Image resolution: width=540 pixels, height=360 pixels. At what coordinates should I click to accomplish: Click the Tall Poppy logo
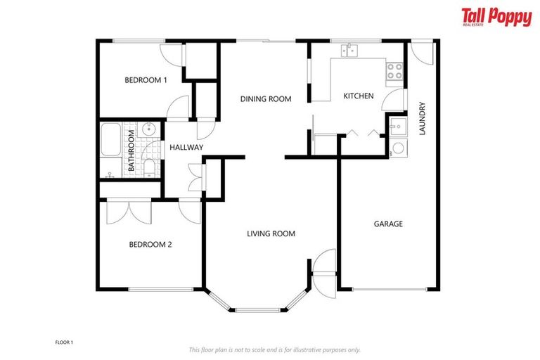pos(496,17)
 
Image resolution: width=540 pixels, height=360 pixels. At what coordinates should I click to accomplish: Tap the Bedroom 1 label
pos(146,80)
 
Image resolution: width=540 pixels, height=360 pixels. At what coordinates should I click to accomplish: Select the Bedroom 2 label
pos(150,245)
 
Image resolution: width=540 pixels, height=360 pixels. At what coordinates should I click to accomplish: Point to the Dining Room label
pos(265,99)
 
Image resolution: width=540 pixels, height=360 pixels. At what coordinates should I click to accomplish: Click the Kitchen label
pos(358,96)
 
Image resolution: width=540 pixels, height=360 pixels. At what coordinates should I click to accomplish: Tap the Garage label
pos(387,224)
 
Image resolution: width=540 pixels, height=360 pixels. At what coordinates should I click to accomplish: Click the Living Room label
pos(271,233)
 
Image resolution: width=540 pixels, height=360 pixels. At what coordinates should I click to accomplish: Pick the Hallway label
pos(186,147)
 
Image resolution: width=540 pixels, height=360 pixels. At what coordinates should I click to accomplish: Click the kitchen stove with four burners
pos(394,70)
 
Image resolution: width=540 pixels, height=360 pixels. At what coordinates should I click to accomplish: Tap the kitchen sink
pos(349,50)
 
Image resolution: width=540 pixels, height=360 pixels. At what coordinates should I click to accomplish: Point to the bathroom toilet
pos(149,166)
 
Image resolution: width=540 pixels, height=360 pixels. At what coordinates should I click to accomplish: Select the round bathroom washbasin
pos(148,129)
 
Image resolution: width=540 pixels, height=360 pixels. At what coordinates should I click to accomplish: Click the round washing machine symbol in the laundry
pos(398,148)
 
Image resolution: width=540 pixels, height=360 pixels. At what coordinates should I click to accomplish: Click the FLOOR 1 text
pos(64,342)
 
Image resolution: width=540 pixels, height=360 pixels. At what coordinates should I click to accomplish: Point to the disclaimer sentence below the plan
pos(274,349)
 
